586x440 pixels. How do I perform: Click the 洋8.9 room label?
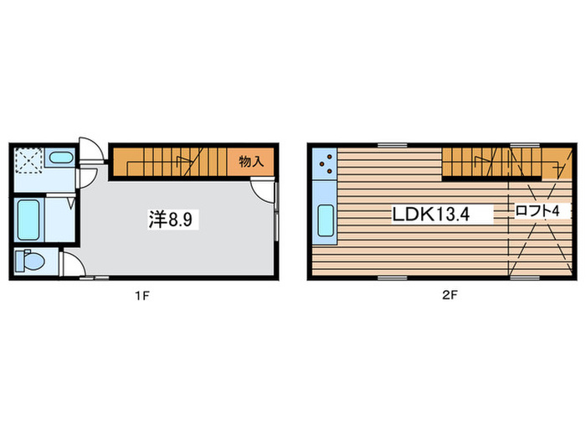[x=171, y=220]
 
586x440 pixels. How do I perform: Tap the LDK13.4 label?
[x=430, y=214]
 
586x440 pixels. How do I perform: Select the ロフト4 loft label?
[x=537, y=211]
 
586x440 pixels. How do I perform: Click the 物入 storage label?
[x=251, y=162]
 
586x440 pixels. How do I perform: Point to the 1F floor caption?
[x=142, y=296]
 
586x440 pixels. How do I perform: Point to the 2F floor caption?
[x=450, y=296]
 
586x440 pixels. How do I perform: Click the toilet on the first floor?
[x=30, y=261]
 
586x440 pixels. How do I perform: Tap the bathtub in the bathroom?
[x=28, y=220]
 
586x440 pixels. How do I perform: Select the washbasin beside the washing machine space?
[x=61, y=158]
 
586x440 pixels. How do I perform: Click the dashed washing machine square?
[x=28, y=161]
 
